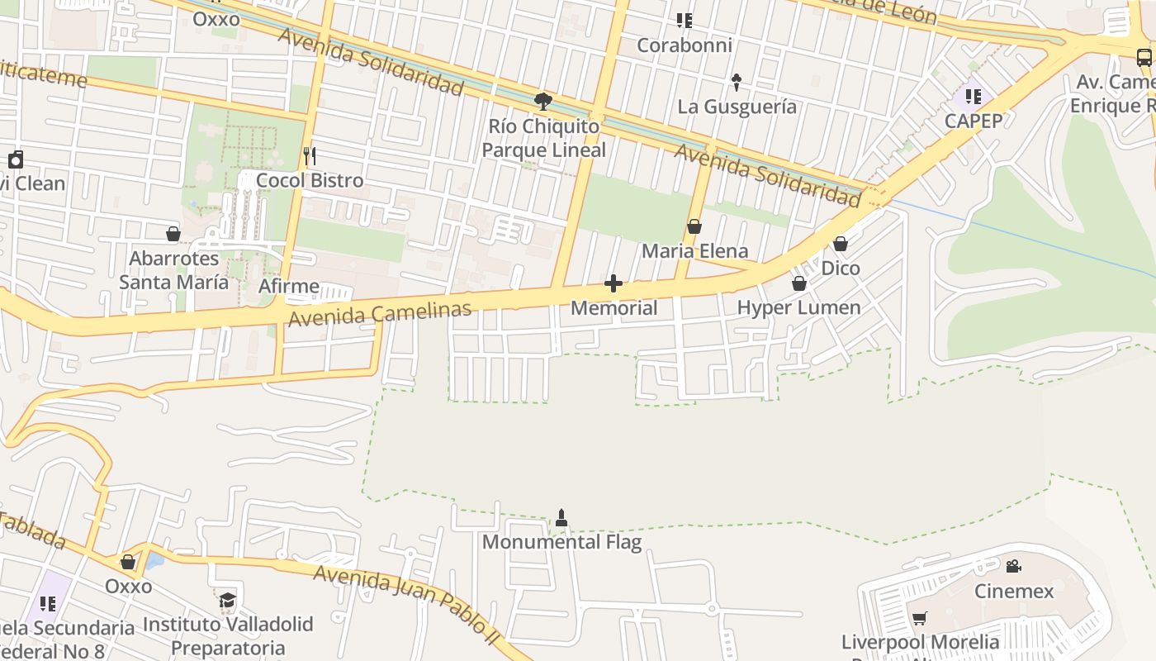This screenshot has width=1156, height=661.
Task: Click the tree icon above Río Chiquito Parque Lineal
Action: point(542,102)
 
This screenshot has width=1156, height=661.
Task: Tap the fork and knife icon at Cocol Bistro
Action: point(310,155)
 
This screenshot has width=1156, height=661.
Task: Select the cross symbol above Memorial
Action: point(614,284)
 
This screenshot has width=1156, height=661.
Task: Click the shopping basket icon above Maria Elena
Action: point(694,226)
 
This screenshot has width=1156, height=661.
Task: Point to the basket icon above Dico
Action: point(841,244)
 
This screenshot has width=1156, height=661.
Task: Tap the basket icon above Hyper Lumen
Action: point(798,283)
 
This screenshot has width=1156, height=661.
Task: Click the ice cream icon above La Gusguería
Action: point(737,82)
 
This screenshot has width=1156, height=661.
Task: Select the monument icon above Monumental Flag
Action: point(561,518)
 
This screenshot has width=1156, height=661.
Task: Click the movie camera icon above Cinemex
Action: point(1013,566)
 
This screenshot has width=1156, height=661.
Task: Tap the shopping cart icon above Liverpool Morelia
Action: point(919,618)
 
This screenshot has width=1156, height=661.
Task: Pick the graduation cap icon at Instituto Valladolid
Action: point(227,600)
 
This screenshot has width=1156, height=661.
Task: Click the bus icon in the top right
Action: point(1144,58)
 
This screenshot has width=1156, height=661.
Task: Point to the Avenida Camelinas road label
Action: point(380,314)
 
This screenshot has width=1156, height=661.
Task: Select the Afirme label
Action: point(289,287)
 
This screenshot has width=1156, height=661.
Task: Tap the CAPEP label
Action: point(974,121)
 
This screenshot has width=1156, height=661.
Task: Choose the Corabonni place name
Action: point(685,45)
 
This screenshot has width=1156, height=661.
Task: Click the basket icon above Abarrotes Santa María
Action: point(173,235)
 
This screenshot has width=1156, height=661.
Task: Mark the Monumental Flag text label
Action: point(561,542)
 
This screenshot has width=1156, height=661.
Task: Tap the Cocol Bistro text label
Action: point(310,180)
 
